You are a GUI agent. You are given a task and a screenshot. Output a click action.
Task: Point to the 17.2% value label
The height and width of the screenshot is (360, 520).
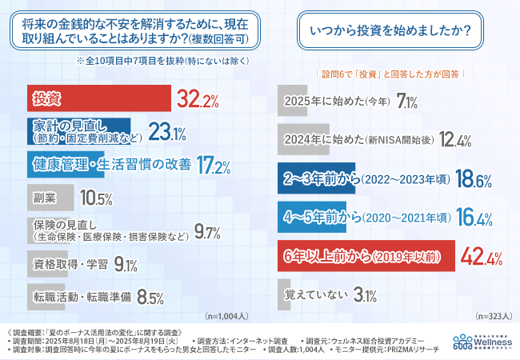point(214,166)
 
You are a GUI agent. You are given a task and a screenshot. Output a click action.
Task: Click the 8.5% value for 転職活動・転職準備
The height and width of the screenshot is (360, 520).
point(147,298)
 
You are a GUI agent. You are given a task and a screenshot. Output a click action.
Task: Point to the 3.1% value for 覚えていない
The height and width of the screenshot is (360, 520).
point(364,295)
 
